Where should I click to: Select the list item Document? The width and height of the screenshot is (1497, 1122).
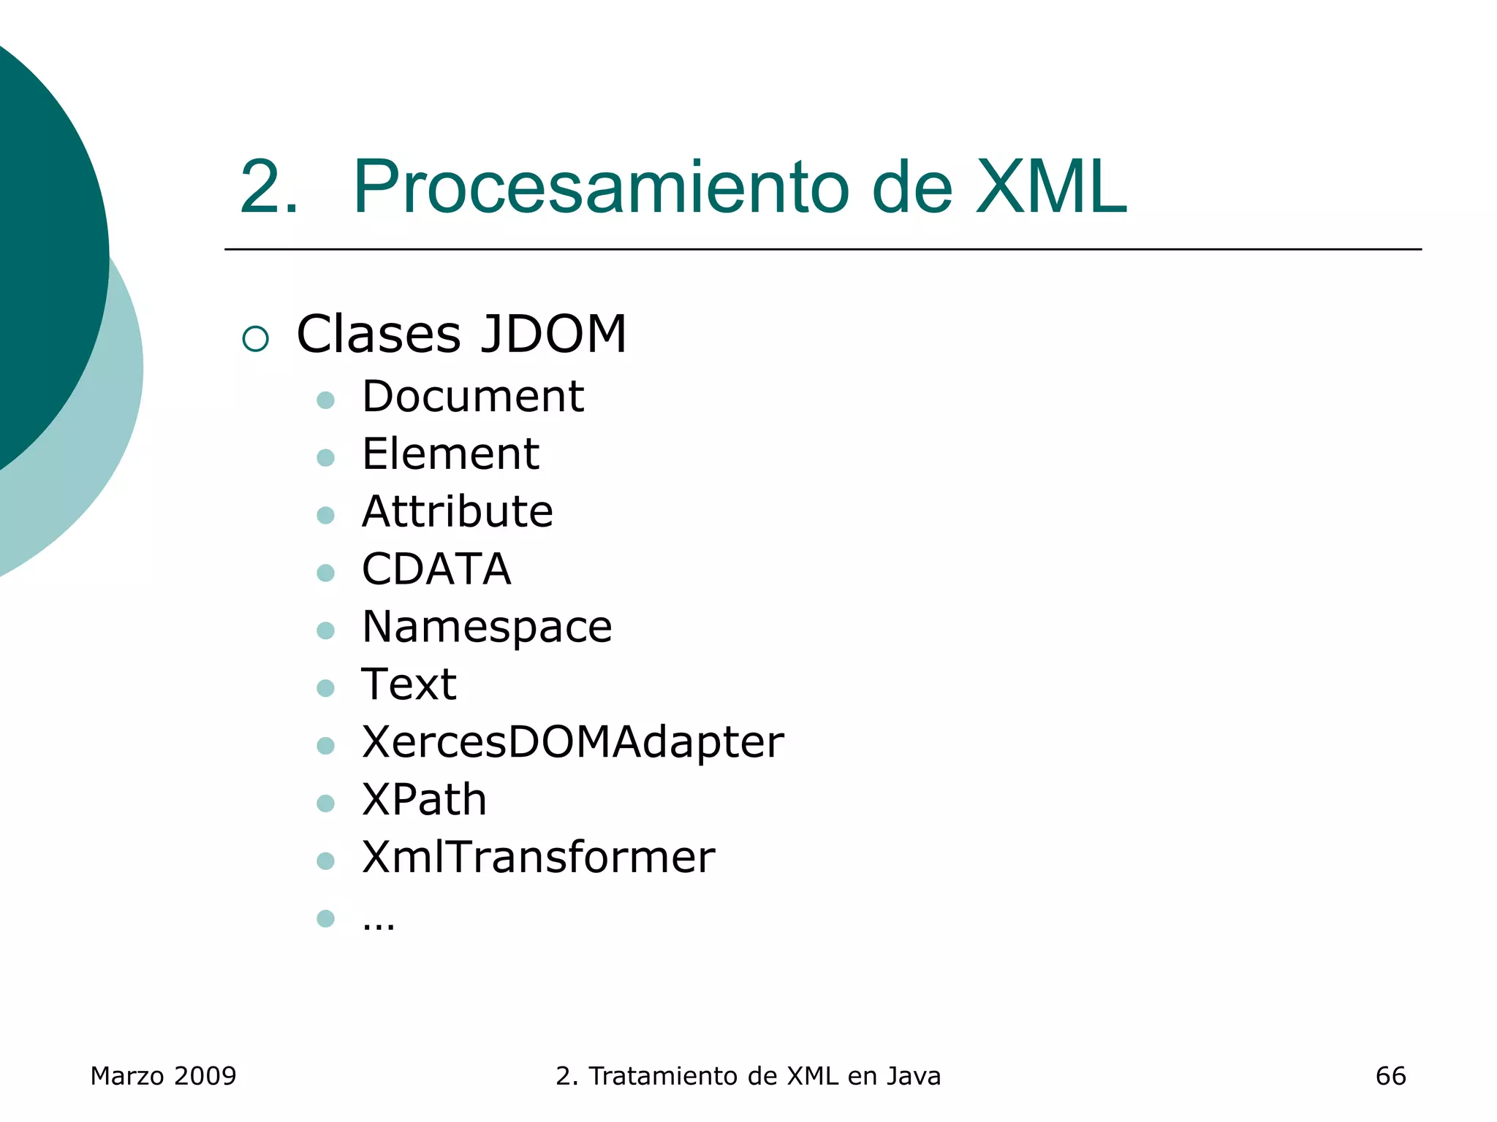[x=473, y=397]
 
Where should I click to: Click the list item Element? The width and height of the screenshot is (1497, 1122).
[x=450, y=454]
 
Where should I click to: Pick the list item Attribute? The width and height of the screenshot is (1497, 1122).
[x=458, y=511]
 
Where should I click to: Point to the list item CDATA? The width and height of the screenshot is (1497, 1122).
[x=436, y=569]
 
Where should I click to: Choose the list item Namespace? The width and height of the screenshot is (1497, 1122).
[x=487, y=627]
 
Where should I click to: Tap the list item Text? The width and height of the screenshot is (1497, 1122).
[x=409, y=684]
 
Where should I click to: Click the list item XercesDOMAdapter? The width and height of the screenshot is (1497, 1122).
[x=573, y=742]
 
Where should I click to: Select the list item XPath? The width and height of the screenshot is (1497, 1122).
[x=424, y=800]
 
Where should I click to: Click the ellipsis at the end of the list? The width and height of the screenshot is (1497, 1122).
[x=379, y=924]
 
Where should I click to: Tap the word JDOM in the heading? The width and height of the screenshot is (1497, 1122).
[x=553, y=335]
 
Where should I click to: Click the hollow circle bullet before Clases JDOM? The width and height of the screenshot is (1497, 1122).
[x=256, y=339]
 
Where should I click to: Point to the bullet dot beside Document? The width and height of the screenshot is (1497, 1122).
[x=326, y=400]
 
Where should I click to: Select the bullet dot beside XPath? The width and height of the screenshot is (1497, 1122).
[x=326, y=804]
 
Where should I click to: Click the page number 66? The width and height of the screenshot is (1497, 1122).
[x=1390, y=1076]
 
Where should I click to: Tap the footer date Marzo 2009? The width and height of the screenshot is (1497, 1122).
[x=163, y=1076]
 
